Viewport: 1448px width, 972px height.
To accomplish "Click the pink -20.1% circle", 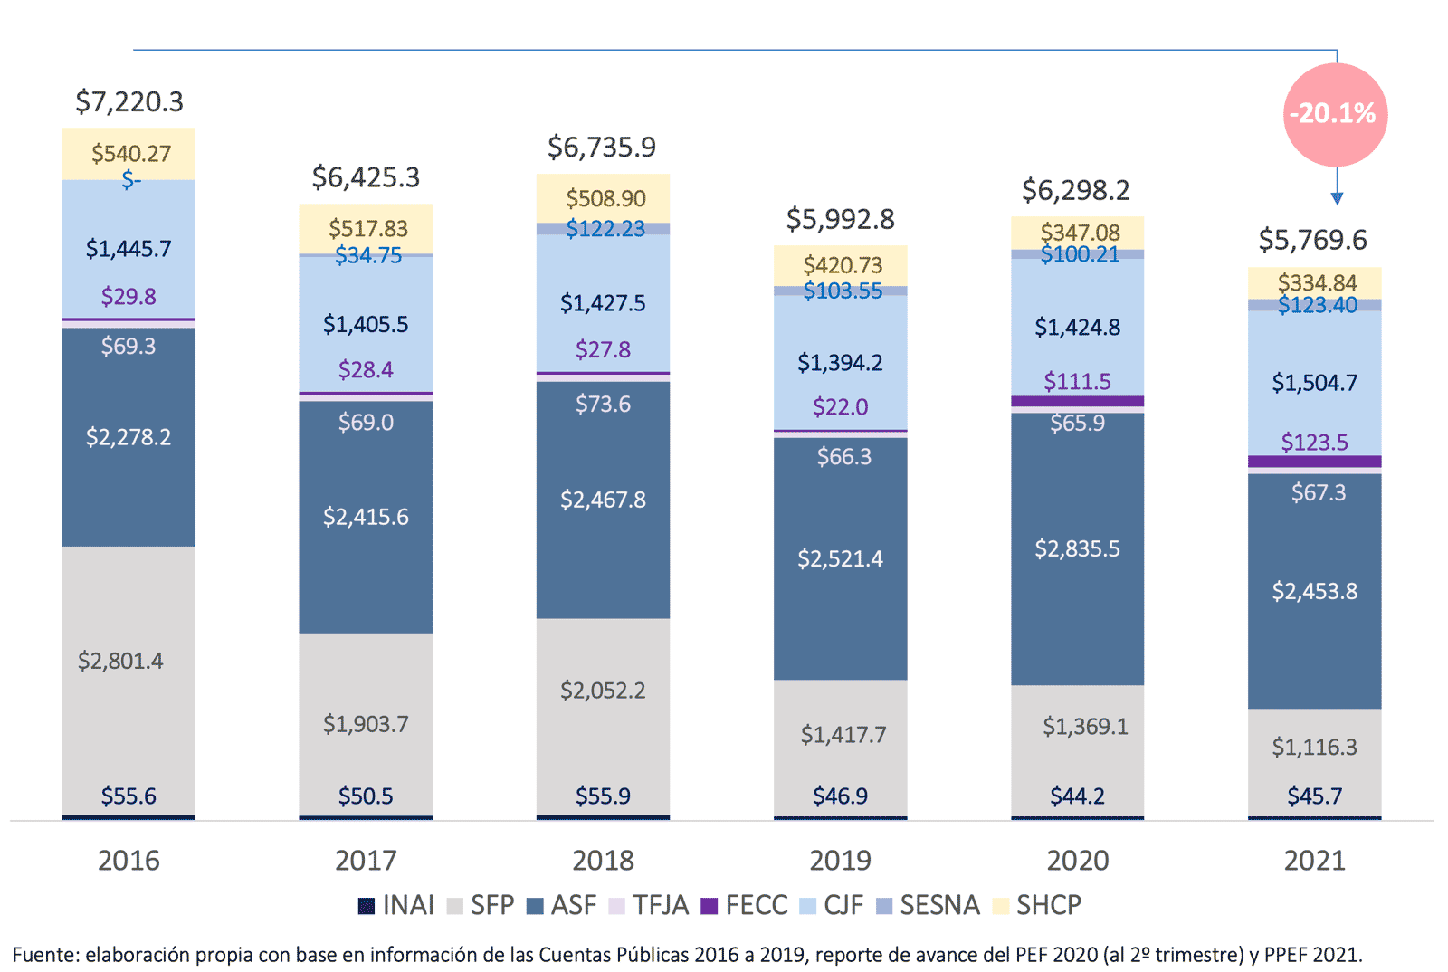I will [x=1335, y=114].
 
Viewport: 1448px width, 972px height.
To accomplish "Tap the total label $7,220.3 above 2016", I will [x=129, y=101].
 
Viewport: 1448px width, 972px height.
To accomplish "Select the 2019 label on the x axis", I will [x=840, y=860].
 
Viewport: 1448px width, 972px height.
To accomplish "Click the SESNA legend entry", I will [x=929, y=905].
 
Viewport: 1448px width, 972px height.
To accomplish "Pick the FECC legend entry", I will [x=745, y=905].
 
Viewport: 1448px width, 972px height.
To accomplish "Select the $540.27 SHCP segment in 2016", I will [x=129, y=154].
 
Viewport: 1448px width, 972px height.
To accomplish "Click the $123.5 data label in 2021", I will [x=1314, y=443].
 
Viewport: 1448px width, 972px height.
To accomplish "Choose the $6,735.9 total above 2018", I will [x=602, y=147].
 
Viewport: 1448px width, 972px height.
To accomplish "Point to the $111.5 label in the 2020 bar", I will [x=1077, y=381].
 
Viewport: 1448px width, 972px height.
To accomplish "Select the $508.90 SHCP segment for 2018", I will [x=604, y=198].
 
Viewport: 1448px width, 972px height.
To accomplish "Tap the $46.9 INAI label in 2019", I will [x=840, y=796].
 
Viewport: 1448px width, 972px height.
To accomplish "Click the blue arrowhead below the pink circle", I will [x=1337, y=198].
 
